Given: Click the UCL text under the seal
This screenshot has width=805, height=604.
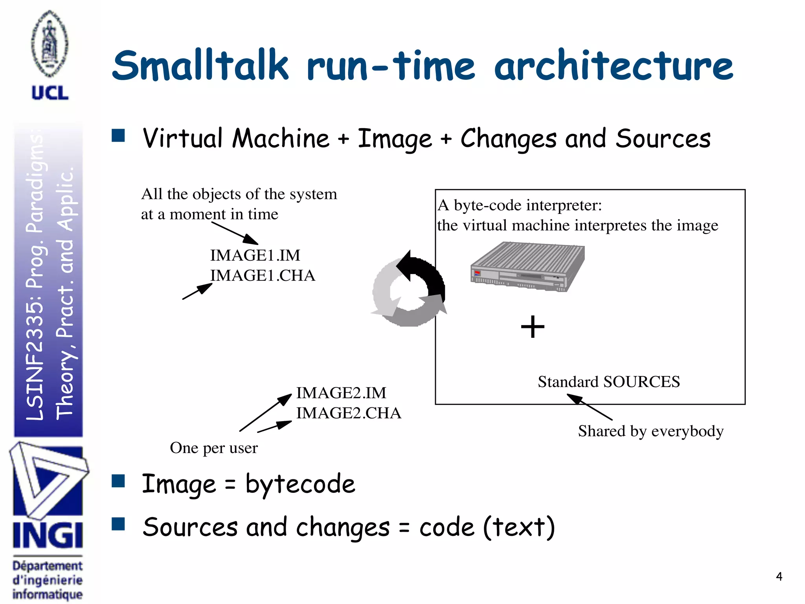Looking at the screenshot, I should click(50, 93).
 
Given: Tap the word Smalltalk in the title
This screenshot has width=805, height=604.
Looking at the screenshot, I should click(200, 66).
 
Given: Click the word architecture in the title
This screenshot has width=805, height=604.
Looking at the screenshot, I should click(613, 66).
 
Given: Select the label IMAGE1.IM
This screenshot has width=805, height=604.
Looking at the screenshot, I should click(255, 256).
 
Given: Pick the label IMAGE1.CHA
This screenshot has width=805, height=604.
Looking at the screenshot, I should click(263, 276).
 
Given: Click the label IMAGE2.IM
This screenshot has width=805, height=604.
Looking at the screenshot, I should click(341, 393).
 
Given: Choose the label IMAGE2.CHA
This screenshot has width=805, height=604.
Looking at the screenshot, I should click(348, 413).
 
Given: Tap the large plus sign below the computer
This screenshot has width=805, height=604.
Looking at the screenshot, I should click(533, 327).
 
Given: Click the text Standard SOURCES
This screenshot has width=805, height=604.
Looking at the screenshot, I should click(608, 382).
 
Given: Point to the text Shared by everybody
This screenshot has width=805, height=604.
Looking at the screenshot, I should click(651, 431).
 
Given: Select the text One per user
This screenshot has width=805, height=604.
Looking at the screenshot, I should click(213, 448).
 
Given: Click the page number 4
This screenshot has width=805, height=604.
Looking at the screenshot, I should click(779, 576).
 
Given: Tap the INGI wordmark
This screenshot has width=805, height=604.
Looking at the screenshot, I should click(48, 536).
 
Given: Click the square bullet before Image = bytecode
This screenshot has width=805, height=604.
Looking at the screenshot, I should click(118, 481).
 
